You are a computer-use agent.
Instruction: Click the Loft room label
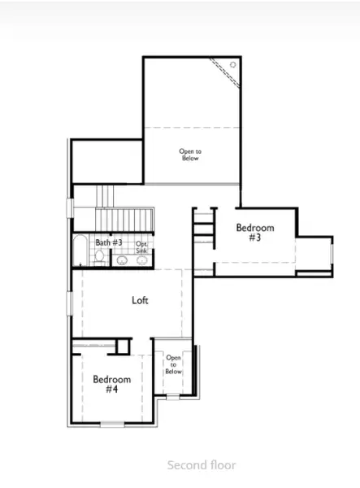click(140, 300)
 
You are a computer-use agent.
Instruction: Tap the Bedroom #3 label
click(255, 233)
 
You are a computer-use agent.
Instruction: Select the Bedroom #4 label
click(112, 384)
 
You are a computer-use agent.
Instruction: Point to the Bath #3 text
click(109, 242)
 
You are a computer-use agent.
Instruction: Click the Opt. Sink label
click(141, 247)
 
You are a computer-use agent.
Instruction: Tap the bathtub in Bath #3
click(80, 251)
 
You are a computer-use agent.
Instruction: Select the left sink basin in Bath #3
click(122, 260)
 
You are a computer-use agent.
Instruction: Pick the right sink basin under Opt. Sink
click(142, 260)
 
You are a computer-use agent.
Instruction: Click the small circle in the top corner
click(233, 65)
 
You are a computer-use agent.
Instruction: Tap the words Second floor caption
click(202, 465)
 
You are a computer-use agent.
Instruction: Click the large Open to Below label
click(190, 155)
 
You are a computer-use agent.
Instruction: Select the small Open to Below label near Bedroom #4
click(173, 364)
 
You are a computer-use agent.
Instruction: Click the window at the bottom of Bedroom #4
click(112, 424)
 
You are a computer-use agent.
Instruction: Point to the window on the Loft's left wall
click(70, 303)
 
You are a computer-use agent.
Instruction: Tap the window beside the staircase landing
click(70, 208)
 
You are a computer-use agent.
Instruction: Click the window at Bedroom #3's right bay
click(332, 254)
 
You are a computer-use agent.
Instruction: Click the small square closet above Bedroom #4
click(123, 346)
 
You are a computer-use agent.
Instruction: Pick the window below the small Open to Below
click(173, 397)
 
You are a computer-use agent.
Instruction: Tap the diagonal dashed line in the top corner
click(224, 72)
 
